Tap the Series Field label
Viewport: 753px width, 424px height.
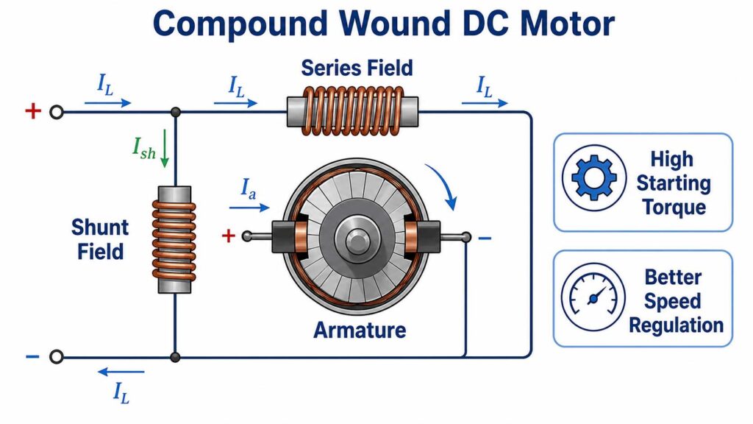(x=357, y=68)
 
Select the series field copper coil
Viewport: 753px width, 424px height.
(x=353, y=111)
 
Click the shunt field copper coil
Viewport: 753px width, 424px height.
(x=174, y=240)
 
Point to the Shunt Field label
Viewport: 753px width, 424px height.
(x=100, y=239)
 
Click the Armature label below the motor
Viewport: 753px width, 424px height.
(x=360, y=331)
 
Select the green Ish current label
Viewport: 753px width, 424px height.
(x=144, y=147)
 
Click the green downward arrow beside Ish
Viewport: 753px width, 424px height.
(x=164, y=148)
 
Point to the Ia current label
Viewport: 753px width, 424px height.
(x=248, y=188)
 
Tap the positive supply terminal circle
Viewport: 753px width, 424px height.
(x=57, y=113)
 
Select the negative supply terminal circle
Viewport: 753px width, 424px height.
(x=57, y=357)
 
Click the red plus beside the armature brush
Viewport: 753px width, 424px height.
(x=229, y=236)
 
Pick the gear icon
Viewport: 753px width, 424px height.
(x=594, y=178)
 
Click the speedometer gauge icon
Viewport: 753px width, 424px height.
(x=593, y=296)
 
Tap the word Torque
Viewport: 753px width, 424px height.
(x=674, y=207)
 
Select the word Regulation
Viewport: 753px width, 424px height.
(x=677, y=325)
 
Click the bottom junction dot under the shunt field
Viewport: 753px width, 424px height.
(x=175, y=357)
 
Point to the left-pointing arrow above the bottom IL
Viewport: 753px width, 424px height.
(x=121, y=372)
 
